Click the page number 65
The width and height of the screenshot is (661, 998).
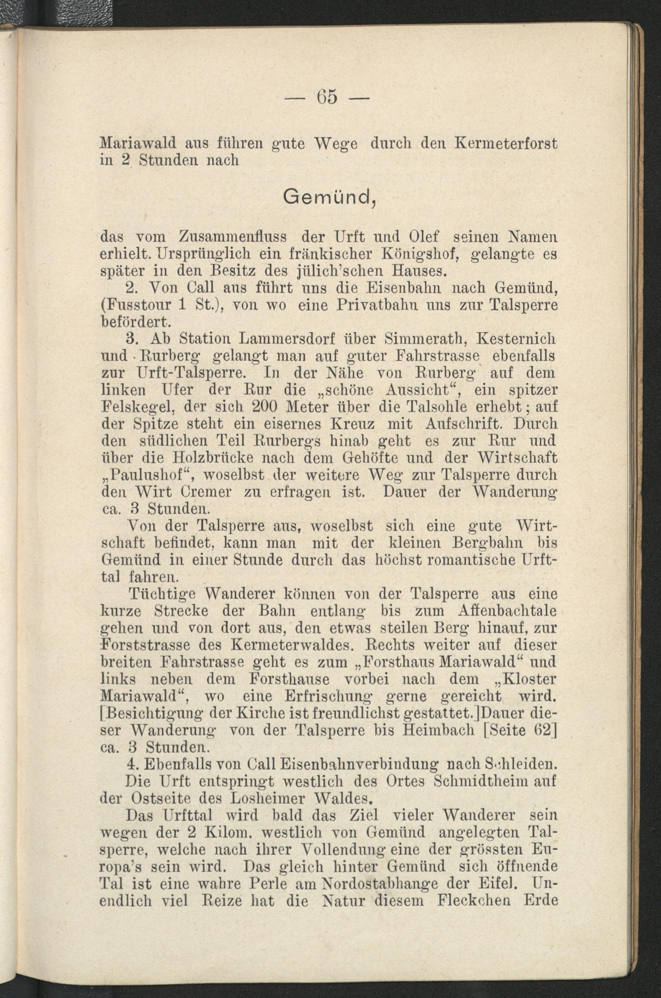[x=327, y=96]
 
